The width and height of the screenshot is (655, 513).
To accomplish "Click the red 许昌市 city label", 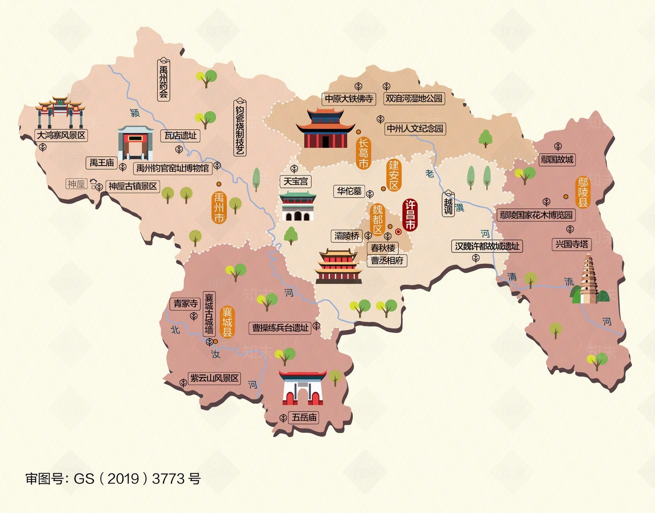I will [410, 216].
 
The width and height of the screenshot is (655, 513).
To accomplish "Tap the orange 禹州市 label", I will [219, 208].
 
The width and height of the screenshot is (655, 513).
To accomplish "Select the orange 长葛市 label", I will [363, 153].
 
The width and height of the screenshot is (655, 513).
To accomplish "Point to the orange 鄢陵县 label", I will [583, 192].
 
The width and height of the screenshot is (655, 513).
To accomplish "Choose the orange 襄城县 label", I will [227, 322].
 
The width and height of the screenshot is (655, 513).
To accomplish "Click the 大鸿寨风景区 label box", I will [61, 135].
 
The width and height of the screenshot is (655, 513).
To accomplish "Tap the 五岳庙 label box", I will [304, 418].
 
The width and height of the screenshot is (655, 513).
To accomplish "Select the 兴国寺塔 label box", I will [571, 245].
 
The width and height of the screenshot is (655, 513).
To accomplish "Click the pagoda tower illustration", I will [589, 279].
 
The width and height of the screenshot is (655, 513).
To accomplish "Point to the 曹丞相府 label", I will [387, 261].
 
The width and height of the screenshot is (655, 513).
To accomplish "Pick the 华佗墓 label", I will [349, 191].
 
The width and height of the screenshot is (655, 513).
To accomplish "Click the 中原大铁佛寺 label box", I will [349, 99].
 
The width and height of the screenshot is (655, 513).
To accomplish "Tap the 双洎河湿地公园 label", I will [414, 98].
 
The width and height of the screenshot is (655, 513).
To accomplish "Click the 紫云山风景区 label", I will [214, 378].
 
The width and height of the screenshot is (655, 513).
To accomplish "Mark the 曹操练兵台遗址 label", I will [280, 328].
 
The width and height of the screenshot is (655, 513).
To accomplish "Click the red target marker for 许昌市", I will [398, 232].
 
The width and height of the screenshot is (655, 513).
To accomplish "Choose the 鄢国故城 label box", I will [557, 159].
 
